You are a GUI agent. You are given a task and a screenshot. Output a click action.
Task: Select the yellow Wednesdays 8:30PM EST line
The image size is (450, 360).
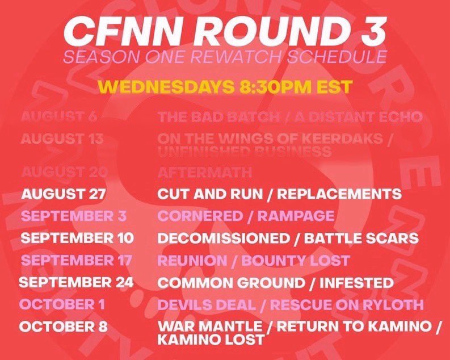225,87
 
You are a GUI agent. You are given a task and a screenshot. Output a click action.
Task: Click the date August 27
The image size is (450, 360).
64,194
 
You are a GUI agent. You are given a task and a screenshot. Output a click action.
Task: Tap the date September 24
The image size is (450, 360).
76,282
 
